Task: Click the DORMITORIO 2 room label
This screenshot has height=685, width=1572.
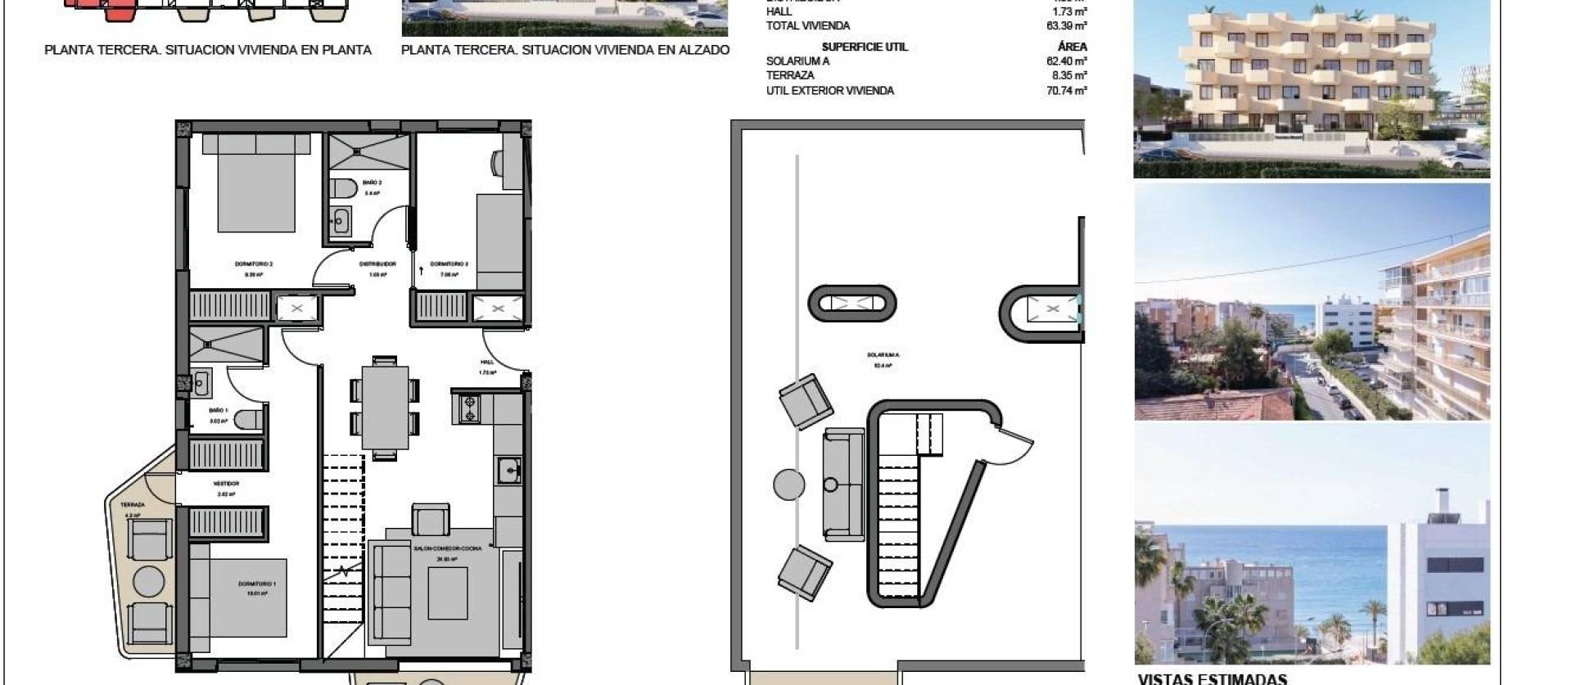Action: click(253, 264)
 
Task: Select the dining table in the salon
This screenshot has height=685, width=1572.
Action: click(385, 407)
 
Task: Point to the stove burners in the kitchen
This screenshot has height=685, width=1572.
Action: click(470, 408)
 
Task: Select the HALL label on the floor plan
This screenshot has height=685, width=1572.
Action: click(487, 362)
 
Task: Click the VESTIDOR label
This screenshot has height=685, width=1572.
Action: click(226, 484)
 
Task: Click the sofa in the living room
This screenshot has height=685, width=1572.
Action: click(391, 593)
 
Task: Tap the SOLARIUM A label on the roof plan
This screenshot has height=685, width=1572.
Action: click(883, 355)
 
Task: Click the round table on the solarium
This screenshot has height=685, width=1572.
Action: click(789, 484)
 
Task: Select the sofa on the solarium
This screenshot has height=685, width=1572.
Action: click(842, 484)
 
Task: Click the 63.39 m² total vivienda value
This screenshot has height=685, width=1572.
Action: click(1066, 26)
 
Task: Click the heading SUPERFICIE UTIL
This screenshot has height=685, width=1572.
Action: click(865, 47)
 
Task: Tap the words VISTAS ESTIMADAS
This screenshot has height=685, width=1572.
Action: click(1213, 678)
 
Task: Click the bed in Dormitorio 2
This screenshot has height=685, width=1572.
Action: click(256, 183)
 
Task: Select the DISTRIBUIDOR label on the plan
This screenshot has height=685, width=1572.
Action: click(377, 264)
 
